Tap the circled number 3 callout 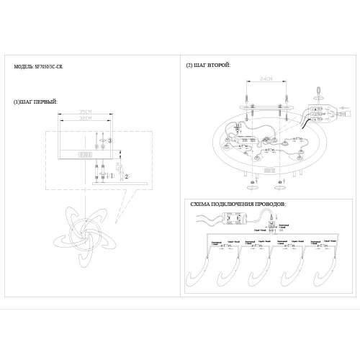(112, 138)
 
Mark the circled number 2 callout (127, 174)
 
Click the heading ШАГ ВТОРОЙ (210, 66)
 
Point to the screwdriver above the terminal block (318, 94)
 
